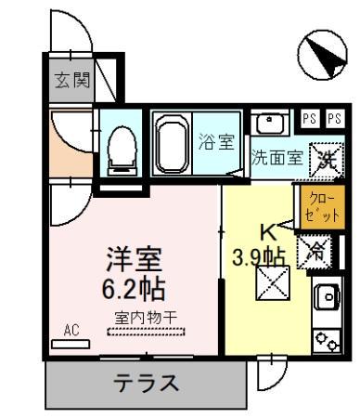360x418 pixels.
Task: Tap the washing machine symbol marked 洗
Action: (x=326, y=156)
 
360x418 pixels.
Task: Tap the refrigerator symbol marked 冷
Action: (x=315, y=248)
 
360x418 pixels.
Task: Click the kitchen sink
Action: (x=328, y=296)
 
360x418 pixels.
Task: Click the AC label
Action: (x=71, y=329)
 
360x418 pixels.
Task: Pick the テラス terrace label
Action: (x=146, y=382)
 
